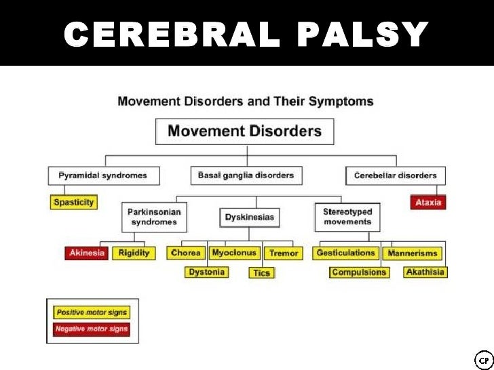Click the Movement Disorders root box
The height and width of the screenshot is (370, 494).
(244, 131)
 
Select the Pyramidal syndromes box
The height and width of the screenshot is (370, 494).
(102, 176)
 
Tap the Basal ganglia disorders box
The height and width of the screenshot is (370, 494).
(246, 176)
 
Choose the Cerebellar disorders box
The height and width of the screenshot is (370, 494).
(396, 176)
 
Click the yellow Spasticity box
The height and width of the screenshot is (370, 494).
(74, 203)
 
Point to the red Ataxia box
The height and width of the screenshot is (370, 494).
(427, 203)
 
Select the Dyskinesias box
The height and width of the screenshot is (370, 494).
(249, 218)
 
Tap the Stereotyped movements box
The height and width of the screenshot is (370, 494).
(347, 217)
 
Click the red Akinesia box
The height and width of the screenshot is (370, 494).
(86, 253)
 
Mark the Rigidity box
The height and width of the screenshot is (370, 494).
(134, 253)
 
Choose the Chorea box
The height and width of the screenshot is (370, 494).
(186, 253)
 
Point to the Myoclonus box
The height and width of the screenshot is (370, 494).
(234, 253)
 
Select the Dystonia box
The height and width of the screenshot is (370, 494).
(206, 272)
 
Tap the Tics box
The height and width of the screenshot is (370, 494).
(261, 273)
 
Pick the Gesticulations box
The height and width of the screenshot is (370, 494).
(345, 253)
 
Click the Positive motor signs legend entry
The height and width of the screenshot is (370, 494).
(92, 312)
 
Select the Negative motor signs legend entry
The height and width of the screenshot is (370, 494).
(92, 329)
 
